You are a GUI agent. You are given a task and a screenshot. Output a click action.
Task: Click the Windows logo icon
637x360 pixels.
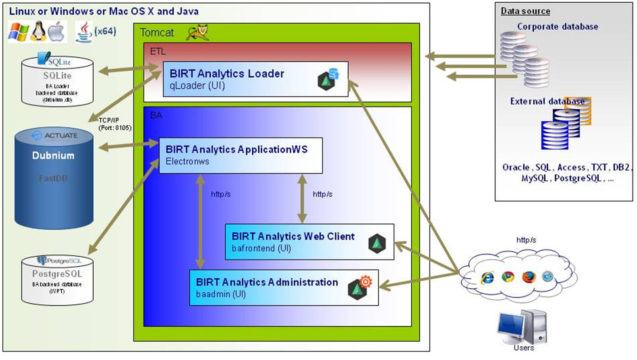coord(18,32)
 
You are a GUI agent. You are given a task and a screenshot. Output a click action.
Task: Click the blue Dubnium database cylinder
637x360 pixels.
coord(53,178)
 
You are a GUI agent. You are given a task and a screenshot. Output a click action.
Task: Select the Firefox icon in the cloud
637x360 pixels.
coord(528,276)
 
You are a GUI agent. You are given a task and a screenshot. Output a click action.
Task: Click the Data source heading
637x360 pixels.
coord(526,11)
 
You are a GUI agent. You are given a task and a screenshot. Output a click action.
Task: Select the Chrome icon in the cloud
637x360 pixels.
coord(508,276)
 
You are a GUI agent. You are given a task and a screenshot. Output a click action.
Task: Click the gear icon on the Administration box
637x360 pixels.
coord(366,282)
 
